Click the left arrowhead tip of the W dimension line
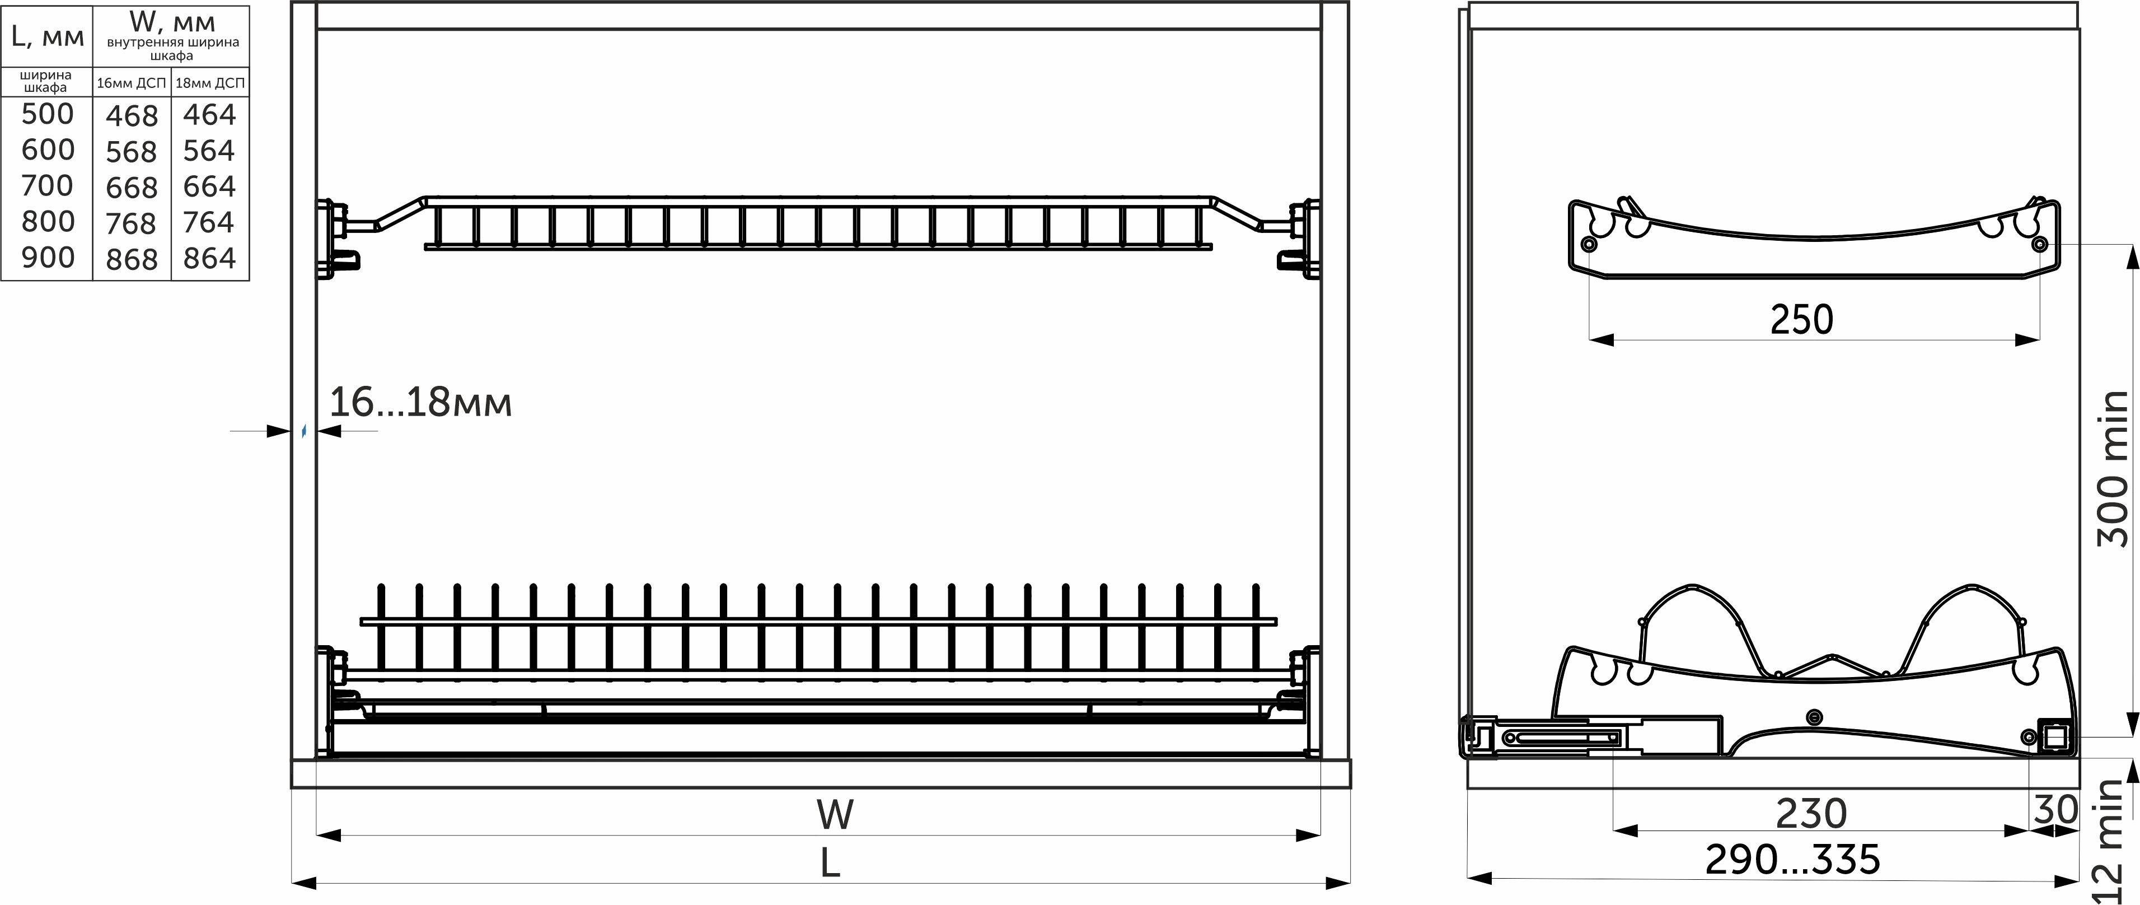[317, 834]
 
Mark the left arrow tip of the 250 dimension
[1589, 339]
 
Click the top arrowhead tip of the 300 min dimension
[2132, 245]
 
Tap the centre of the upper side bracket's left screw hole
[1589, 244]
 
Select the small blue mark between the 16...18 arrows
[304, 431]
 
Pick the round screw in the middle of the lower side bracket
[1814, 716]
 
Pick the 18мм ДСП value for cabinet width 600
[210, 151]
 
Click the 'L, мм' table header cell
[48, 36]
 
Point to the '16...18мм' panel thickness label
[420, 402]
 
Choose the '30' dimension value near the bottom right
[2056, 809]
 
